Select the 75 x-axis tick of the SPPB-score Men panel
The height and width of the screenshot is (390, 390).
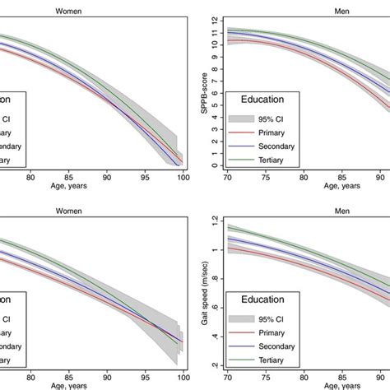click(264, 176)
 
